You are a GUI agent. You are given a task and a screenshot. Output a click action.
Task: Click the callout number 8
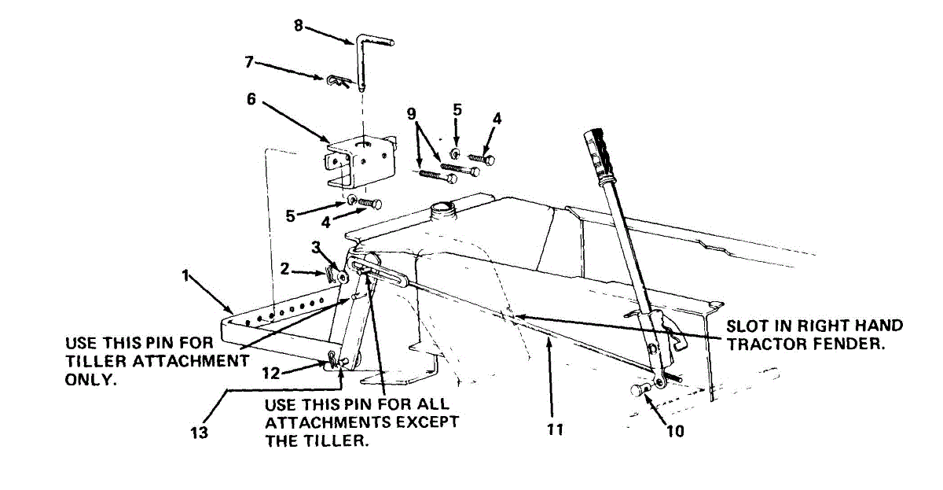pyautogui.click(x=299, y=25)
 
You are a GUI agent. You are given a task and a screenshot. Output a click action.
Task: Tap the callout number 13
pyautogui.click(x=199, y=432)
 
